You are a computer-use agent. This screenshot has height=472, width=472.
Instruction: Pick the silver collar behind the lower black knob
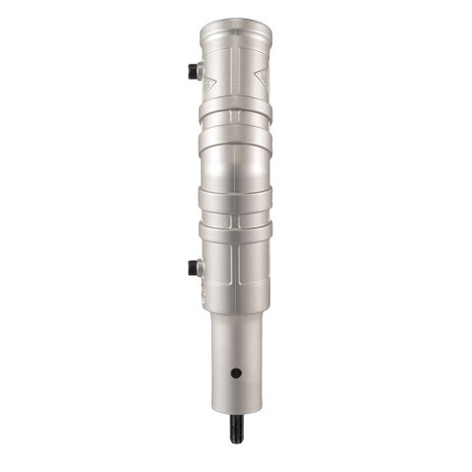(199, 266)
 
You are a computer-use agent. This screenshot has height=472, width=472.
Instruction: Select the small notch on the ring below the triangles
(234, 115)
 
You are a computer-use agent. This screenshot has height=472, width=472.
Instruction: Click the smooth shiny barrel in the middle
(235, 162)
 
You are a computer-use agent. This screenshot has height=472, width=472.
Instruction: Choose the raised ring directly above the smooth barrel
(234, 135)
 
